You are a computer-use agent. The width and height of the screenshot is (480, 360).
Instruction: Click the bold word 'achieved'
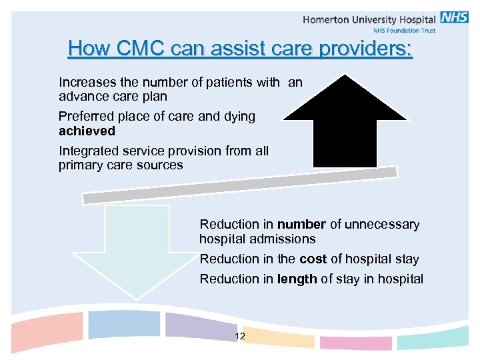(x=87, y=131)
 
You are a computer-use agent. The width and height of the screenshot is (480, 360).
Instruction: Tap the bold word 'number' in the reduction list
(x=301, y=225)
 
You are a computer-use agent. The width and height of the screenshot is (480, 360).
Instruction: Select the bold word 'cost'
(x=313, y=259)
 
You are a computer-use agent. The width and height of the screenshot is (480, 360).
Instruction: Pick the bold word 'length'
(x=297, y=279)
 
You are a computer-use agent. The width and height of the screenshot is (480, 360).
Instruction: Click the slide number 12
(x=240, y=337)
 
